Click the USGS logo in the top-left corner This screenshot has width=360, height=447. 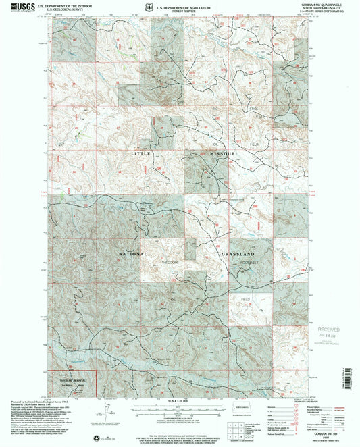click(20, 5)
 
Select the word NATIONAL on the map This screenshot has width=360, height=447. click(132, 254)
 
